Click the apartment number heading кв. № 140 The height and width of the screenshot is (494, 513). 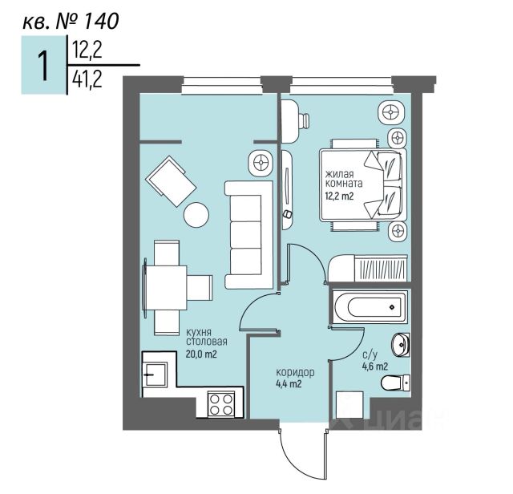tap(71, 20)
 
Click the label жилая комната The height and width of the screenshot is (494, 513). tap(344, 178)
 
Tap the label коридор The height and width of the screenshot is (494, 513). tap(295, 372)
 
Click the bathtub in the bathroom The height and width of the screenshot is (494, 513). tap(370, 306)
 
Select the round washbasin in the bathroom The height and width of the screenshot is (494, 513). tap(401, 345)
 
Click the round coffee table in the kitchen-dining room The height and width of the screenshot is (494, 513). tap(196, 214)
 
